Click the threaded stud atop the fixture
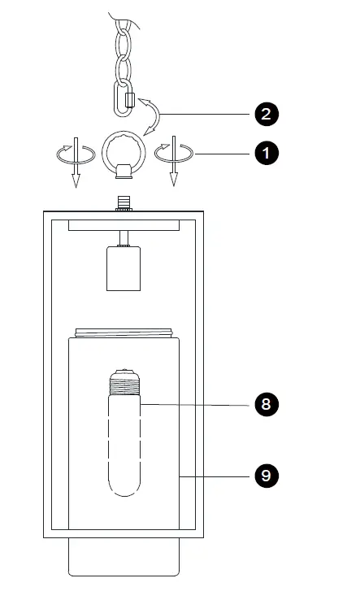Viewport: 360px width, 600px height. [124, 202]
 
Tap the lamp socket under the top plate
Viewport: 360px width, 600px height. [124, 268]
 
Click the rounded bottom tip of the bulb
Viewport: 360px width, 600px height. [124, 488]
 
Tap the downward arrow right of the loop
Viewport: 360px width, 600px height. [172, 163]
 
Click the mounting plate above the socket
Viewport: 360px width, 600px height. [124, 225]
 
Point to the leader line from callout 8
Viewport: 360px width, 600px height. [195, 404]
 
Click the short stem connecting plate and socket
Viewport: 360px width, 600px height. [124, 238]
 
